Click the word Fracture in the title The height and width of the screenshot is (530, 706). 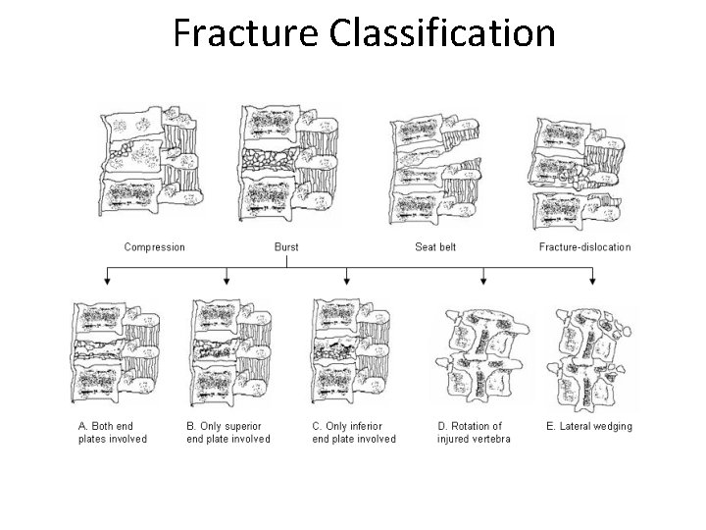click(246, 32)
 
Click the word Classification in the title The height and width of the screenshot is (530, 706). click(442, 32)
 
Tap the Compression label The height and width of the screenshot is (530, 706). click(154, 246)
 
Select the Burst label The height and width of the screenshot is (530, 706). click(286, 246)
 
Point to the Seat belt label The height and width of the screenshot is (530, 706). click(435, 246)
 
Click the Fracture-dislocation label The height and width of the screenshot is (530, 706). click(584, 246)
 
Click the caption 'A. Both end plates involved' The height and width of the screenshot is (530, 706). click(113, 432)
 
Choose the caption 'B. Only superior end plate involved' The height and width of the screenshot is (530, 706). click(227, 432)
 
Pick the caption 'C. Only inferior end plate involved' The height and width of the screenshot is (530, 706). click(354, 432)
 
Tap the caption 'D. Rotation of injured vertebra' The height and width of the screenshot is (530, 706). click(474, 432)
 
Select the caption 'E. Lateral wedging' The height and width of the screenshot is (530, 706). click(588, 426)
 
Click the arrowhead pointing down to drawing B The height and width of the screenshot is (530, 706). click(227, 282)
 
